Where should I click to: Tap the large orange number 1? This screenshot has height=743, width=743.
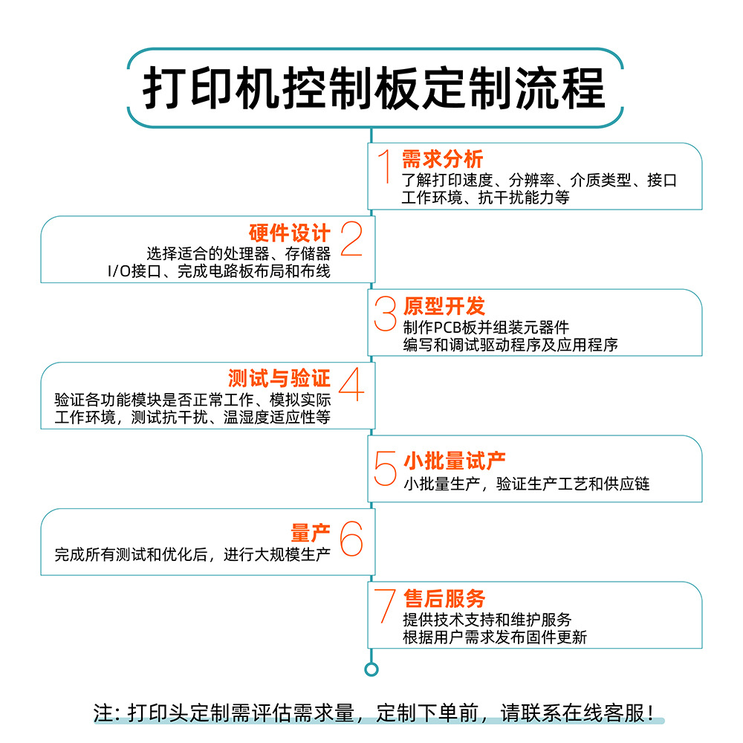[x=385, y=166]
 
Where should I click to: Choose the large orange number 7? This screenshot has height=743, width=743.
[x=384, y=606]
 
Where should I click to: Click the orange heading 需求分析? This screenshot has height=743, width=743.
[x=442, y=158]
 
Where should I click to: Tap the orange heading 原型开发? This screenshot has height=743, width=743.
[x=444, y=306]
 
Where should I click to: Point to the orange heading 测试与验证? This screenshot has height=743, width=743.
[x=279, y=378]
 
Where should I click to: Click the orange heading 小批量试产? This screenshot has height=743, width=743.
[x=454, y=461]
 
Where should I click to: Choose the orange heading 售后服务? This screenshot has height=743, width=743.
[x=444, y=598]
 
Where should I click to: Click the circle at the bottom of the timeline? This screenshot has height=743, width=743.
[x=371, y=669]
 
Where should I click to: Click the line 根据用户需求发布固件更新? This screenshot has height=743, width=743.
[x=494, y=637]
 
